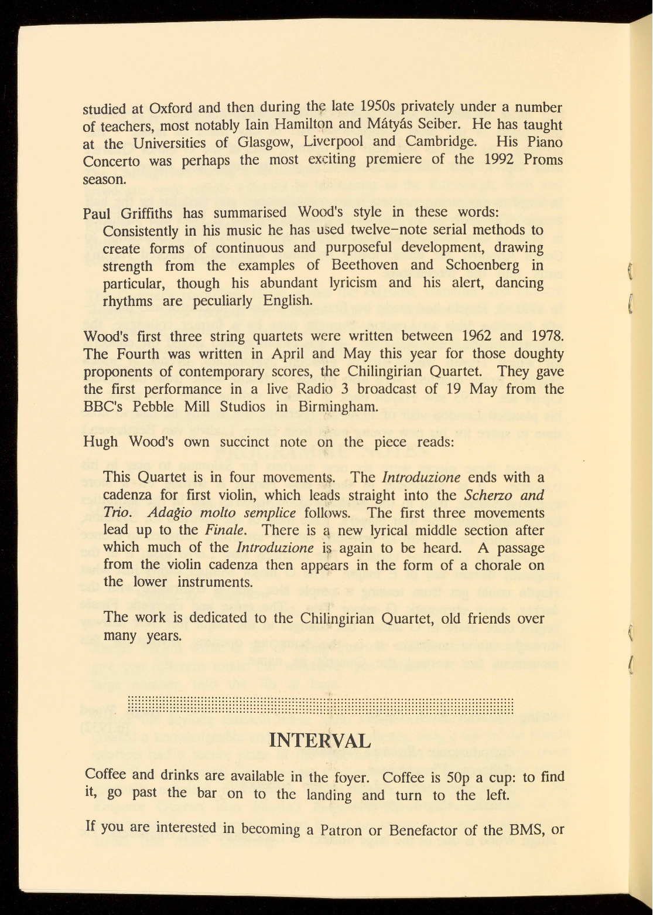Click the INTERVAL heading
[320, 740]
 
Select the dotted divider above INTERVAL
[320, 705]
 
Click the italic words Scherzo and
[504, 495]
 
